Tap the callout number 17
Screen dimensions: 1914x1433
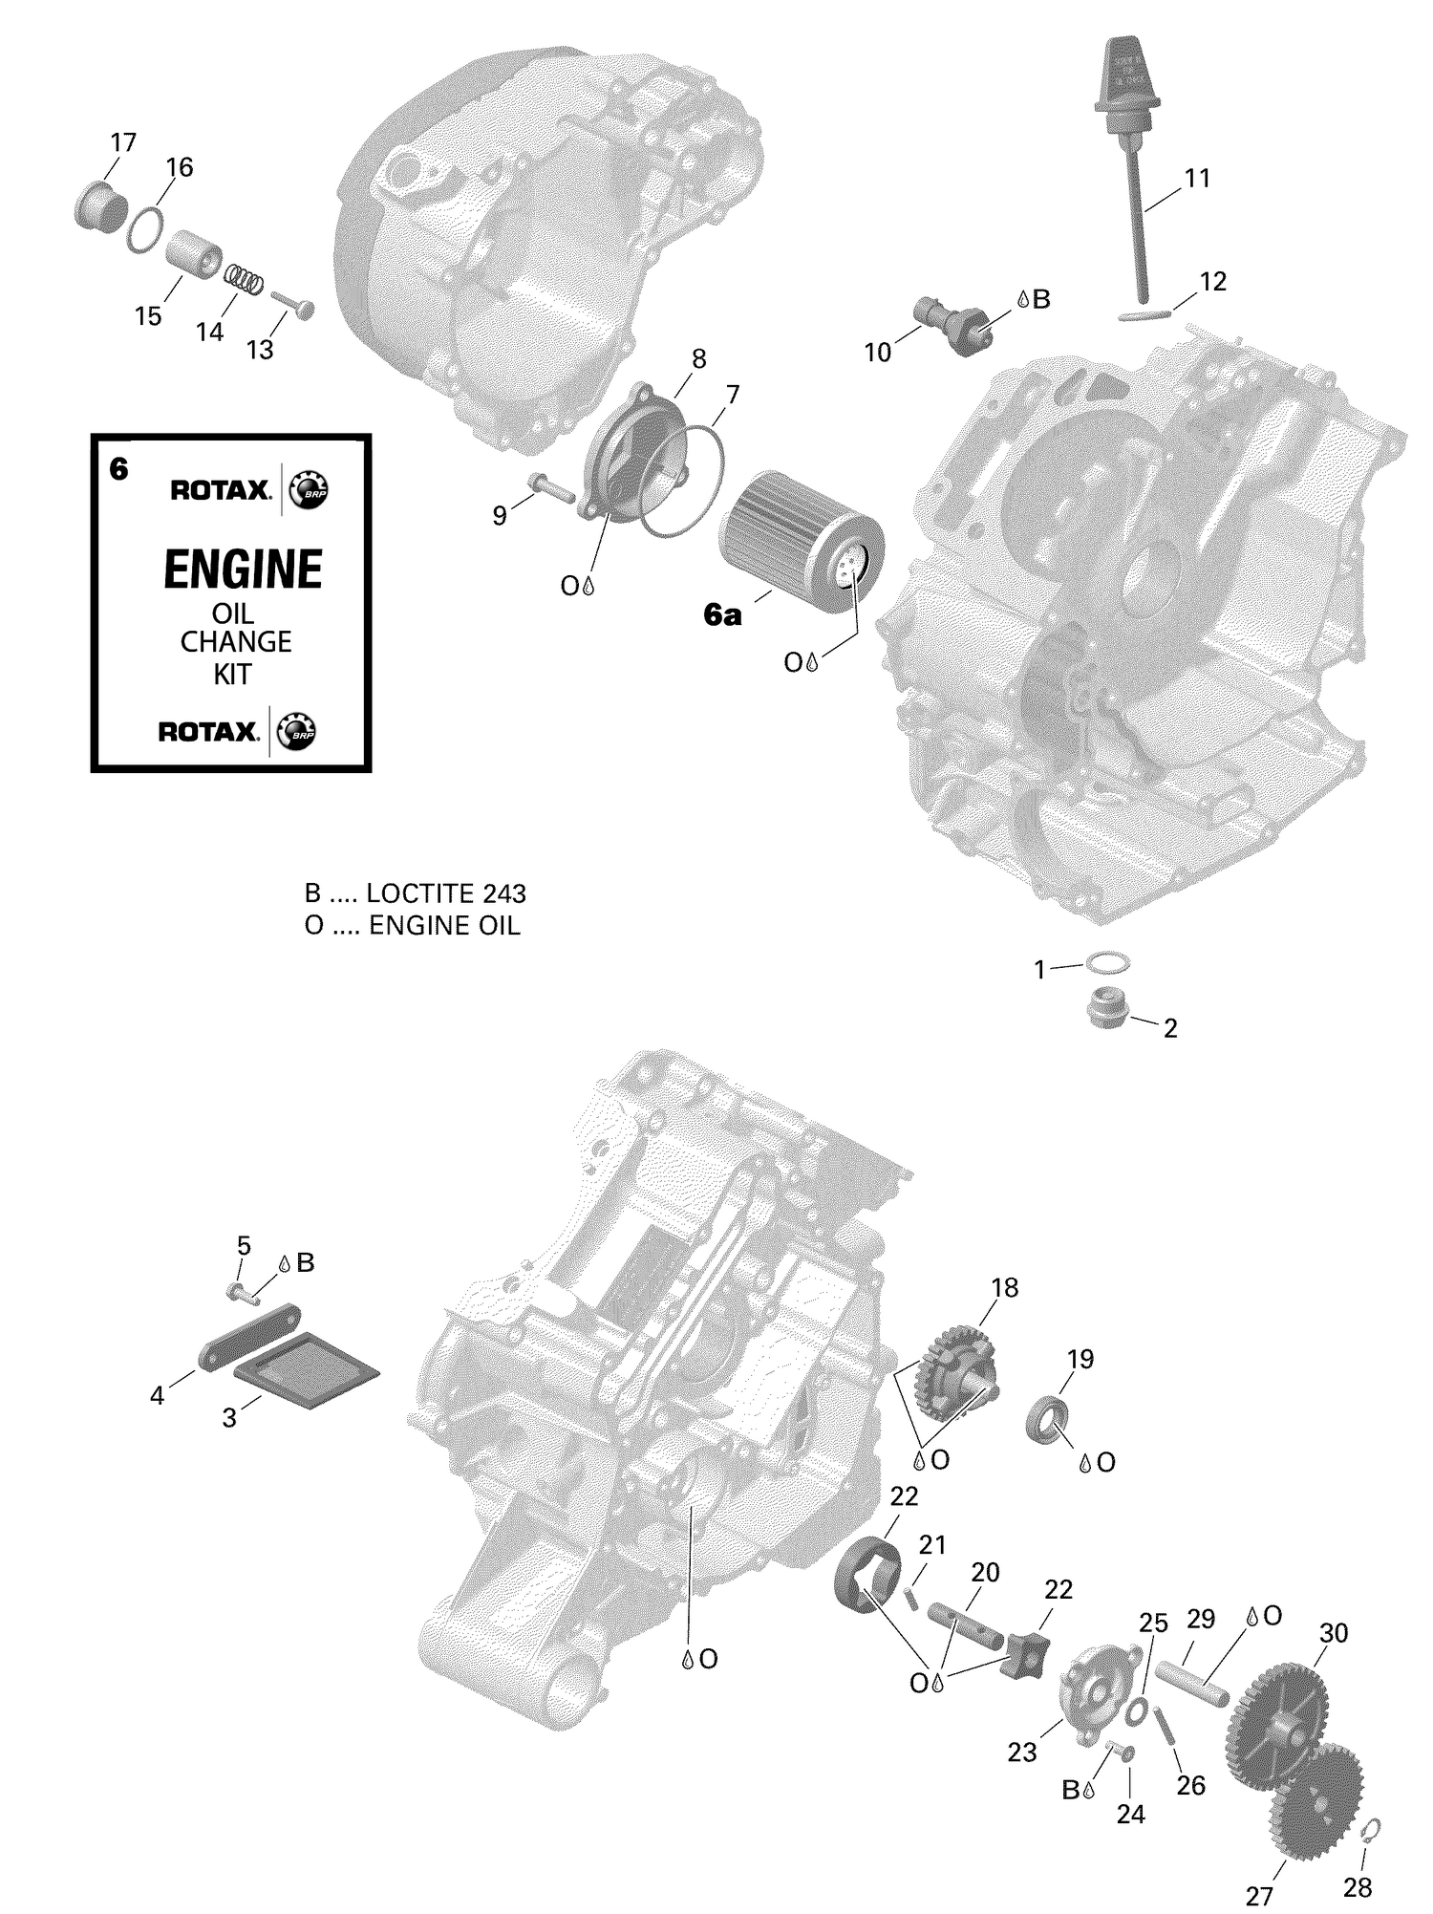122,143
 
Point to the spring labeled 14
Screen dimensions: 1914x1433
245,279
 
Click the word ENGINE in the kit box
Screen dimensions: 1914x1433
243,570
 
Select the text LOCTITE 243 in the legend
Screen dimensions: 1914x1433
445,893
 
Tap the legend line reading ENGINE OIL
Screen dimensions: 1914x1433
443,926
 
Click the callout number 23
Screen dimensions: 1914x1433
1021,1753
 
